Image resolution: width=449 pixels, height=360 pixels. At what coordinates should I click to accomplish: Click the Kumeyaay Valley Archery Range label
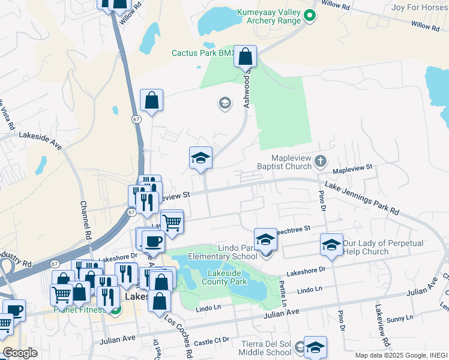point(268,16)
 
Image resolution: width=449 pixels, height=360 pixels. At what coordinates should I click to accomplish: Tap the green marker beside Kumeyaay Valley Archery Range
point(310,16)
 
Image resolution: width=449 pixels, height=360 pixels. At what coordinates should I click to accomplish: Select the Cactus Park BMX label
point(202,53)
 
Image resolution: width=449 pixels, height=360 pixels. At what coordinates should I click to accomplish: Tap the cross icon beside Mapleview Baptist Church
point(321,160)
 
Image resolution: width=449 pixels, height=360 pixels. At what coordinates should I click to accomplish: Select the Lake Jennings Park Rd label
point(361,199)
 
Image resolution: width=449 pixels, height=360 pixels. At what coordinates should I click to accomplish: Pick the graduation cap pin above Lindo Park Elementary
point(265,239)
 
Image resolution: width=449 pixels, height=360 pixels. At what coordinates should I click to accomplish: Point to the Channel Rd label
point(84,218)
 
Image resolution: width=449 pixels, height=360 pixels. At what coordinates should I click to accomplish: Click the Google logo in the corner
point(20,353)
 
